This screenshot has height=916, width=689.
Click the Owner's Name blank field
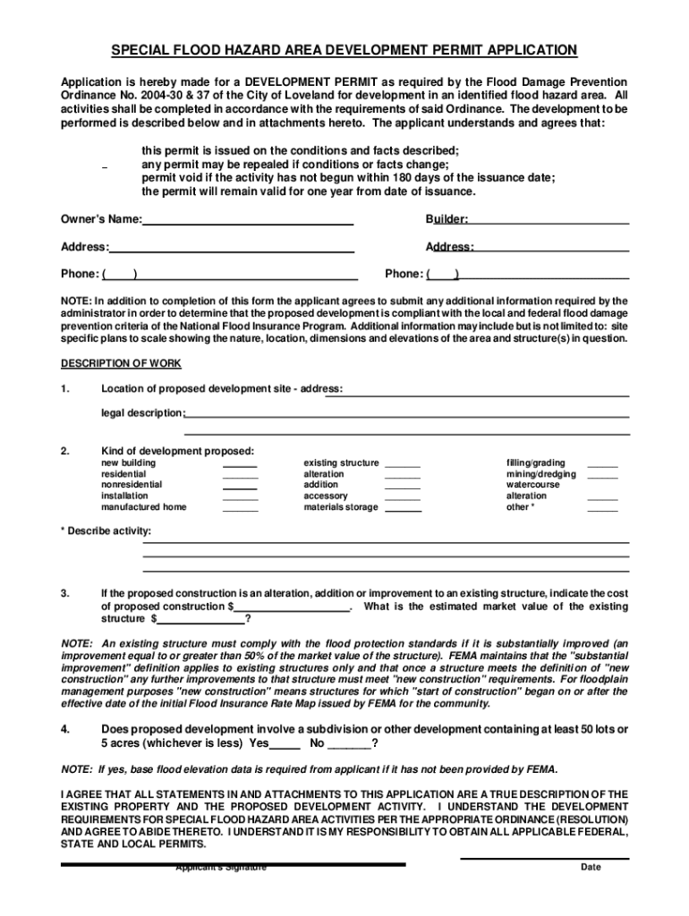coord(248,220)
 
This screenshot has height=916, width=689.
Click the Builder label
coord(447,219)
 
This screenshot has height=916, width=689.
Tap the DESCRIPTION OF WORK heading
coord(121,363)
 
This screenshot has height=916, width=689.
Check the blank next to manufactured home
coord(240,507)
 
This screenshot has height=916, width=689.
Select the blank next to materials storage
coord(403,507)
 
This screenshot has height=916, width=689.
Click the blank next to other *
coord(602,507)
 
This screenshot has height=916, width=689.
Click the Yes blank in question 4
coord(285,744)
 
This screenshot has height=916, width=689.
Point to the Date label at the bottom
coord(591,867)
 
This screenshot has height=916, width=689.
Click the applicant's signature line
coord(233,863)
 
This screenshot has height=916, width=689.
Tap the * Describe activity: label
coord(106,531)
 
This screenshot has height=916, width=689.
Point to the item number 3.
coord(65,593)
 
